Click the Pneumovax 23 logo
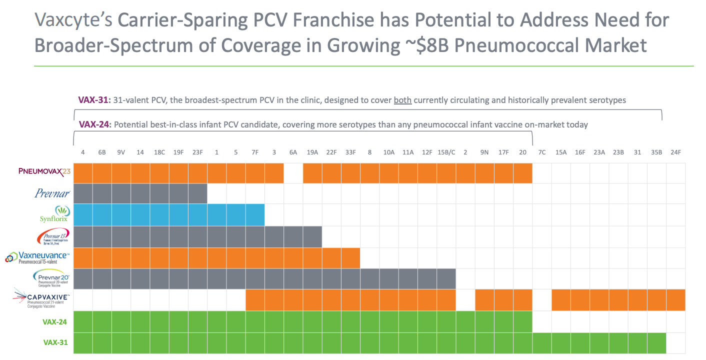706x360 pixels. pos(44,173)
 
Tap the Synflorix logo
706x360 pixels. pos(54,214)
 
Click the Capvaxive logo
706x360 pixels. pos(42,299)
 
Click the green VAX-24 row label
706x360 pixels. pos(55,321)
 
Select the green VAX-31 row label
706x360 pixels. pos(55,342)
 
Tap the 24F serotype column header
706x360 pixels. pos(675,152)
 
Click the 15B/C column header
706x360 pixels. pos(446,152)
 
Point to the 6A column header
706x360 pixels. pos(293,152)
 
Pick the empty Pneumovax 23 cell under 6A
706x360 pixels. pos(293,173)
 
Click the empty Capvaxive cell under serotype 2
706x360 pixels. pos(465,300)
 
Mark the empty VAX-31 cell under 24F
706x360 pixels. pos(675,343)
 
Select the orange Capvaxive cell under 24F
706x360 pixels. pos(675,300)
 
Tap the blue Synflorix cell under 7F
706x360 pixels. pos(255,215)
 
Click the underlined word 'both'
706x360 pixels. pos(402,100)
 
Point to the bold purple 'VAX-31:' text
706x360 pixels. pos(94,100)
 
